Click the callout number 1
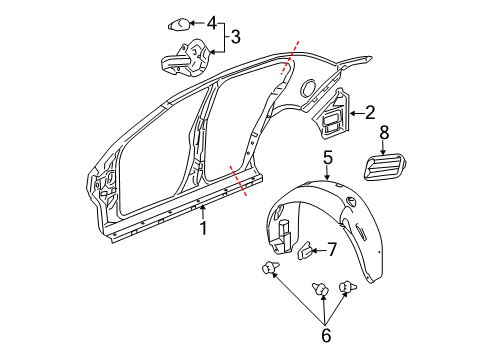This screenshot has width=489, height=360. (x=202, y=228)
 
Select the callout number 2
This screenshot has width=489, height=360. (x=369, y=113)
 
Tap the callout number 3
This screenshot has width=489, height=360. (x=235, y=38)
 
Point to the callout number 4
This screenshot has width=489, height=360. (x=210, y=21)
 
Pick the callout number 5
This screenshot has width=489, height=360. (x=327, y=156)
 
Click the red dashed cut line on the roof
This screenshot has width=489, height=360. (x=288, y=60)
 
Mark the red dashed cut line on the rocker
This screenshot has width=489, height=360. (x=238, y=182)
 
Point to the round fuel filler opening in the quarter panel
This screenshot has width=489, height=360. (x=309, y=87)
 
